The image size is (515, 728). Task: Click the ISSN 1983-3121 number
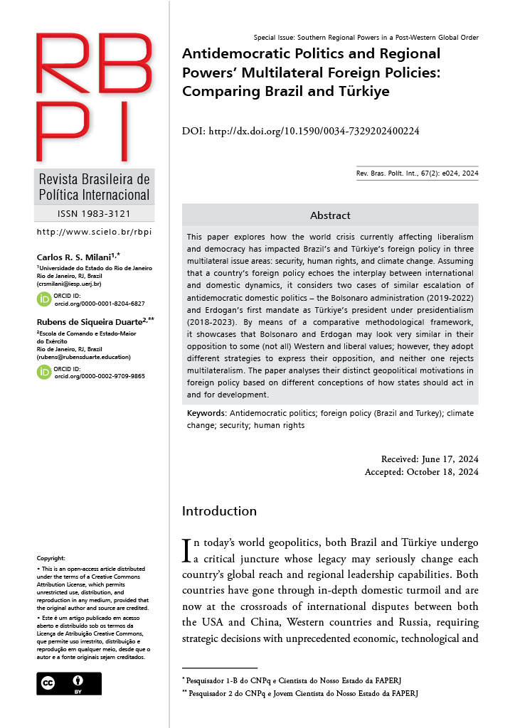[x=93, y=213]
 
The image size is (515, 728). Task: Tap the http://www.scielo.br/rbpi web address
[x=93, y=232]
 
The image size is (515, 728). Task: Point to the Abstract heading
[x=330, y=215]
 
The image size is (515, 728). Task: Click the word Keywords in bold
[x=206, y=413]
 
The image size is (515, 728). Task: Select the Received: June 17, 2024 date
[x=430, y=459]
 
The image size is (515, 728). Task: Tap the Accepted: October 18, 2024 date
[x=422, y=471]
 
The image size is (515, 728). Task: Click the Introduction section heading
[x=219, y=511]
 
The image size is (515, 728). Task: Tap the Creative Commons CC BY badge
[x=69, y=683]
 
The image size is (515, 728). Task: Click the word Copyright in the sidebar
[x=51, y=559]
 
